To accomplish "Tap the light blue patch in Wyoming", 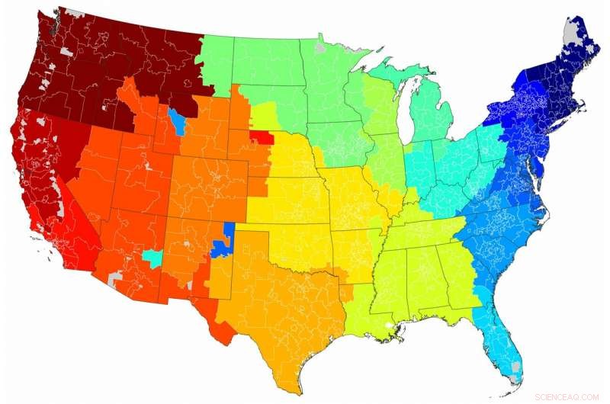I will pos(178,120).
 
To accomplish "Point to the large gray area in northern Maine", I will pos(570,33).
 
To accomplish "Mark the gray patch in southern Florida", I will pos(517,367).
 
